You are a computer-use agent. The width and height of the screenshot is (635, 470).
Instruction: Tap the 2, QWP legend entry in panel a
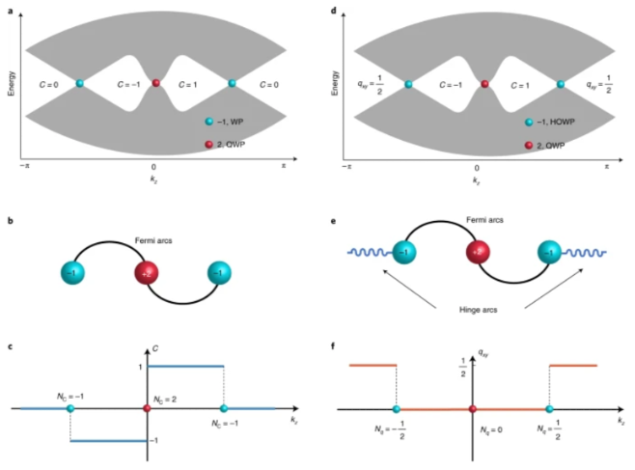click(x=230, y=144)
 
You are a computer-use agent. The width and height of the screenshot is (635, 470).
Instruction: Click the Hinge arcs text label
click(x=475, y=313)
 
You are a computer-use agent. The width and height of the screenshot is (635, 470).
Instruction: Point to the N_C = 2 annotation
click(x=169, y=400)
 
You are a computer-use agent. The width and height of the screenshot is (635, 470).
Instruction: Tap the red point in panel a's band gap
click(x=155, y=84)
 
